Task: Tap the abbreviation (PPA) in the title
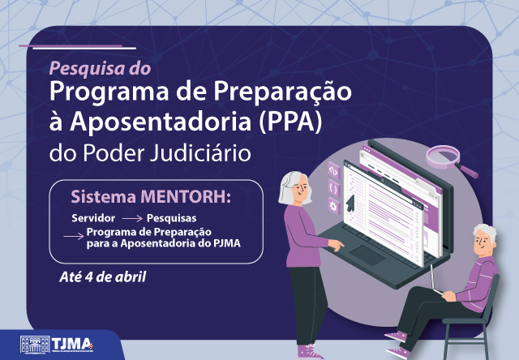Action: coord(290,121)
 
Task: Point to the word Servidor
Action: coord(93,218)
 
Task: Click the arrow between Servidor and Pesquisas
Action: coord(132,219)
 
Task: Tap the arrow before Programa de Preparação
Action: coord(74,236)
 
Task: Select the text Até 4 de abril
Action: coord(103,277)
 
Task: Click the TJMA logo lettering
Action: coord(72,344)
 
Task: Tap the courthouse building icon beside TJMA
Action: coord(35,345)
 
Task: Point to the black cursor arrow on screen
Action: coord(350,203)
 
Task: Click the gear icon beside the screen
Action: coord(333,206)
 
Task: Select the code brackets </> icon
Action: coord(333,171)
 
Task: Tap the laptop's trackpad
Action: coord(367,255)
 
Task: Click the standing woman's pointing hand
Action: coord(337,245)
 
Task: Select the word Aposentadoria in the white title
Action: coord(161,121)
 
